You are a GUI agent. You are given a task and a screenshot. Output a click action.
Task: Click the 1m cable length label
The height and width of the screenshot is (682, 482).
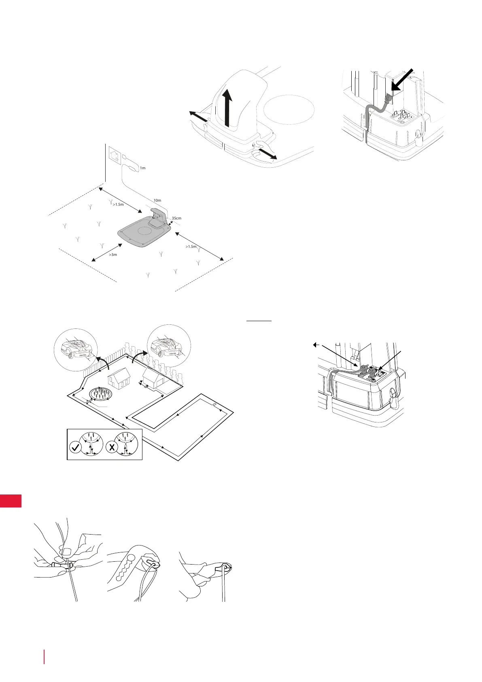(x=142, y=168)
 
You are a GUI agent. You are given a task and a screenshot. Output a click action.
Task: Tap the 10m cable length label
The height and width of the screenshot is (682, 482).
(x=157, y=200)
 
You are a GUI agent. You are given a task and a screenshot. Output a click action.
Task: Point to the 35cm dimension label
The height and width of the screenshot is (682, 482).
(x=176, y=218)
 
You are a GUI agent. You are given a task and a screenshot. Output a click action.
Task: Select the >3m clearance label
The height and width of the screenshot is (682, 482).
(x=113, y=255)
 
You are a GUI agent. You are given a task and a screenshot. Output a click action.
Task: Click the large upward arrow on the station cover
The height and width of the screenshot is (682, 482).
(x=228, y=107)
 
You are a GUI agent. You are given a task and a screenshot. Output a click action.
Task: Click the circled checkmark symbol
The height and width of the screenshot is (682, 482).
(x=75, y=448)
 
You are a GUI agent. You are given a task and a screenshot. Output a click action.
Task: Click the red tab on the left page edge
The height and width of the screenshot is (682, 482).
(x=11, y=500)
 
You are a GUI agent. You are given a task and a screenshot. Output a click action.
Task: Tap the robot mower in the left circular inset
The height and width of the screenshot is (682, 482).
(x=76, y=347)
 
